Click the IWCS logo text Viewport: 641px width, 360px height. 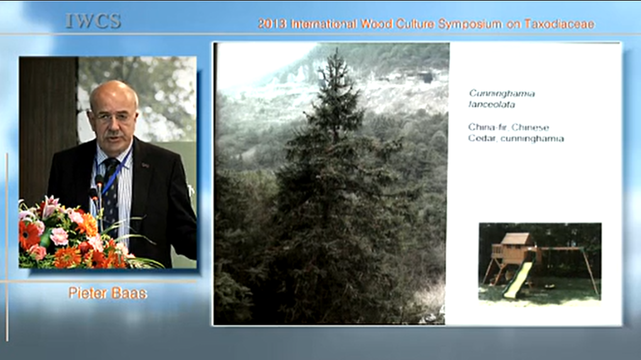[93, 21]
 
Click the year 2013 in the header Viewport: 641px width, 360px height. [272, 24]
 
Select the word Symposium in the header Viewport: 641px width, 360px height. [469, 25]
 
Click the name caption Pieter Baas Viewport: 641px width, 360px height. [107, 293]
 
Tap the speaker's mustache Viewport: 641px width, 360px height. [114, 134]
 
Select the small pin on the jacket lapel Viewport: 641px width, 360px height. [145, 165]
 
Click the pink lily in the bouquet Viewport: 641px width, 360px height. [48, 205]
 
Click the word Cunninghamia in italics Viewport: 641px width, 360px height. [501, 94]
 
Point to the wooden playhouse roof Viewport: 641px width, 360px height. [517, 239]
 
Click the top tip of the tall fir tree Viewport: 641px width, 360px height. [337, 48]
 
